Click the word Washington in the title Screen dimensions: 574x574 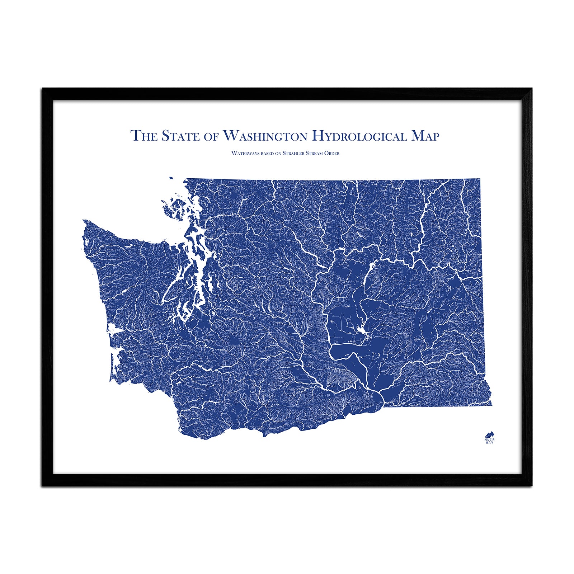265,136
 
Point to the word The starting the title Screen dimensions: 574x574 143,136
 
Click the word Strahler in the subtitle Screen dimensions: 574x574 294,153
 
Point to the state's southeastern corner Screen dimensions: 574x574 491,405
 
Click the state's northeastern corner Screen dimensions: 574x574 480,178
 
